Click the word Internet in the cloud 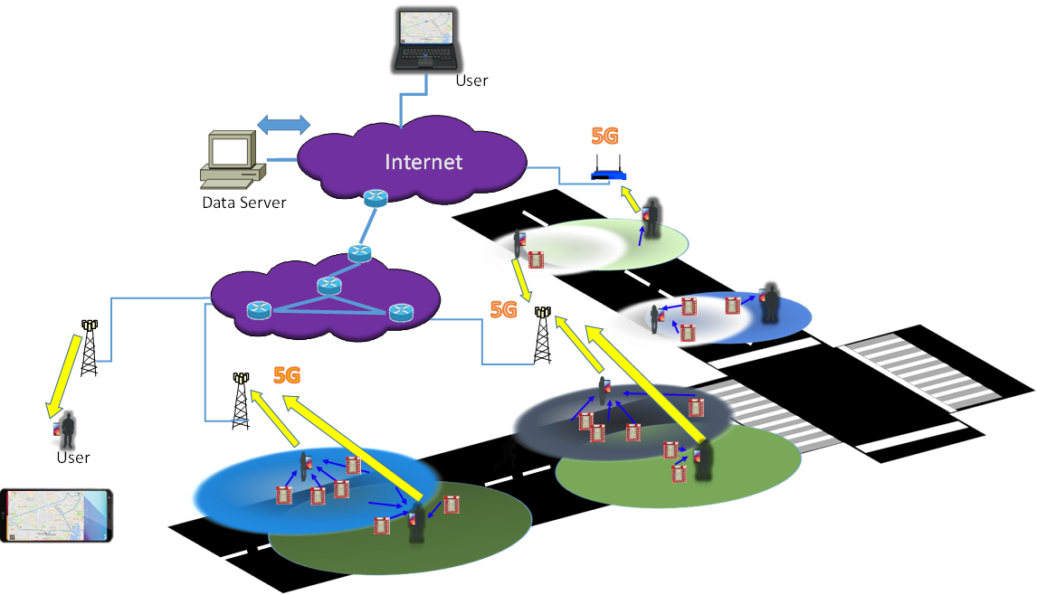[423, 162]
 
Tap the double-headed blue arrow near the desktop [283, 125]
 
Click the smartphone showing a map [57, 515]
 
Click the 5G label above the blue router [604, 137]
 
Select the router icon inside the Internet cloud [375, 198]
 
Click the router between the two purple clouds [359, 253]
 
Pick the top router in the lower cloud [329, 286]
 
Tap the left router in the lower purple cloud [259, 310]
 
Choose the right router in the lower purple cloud [400, 312]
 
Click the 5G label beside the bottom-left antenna [287, 375]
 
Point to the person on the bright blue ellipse [306, 468]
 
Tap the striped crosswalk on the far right [918, 370]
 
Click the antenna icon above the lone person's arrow [90, 325]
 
